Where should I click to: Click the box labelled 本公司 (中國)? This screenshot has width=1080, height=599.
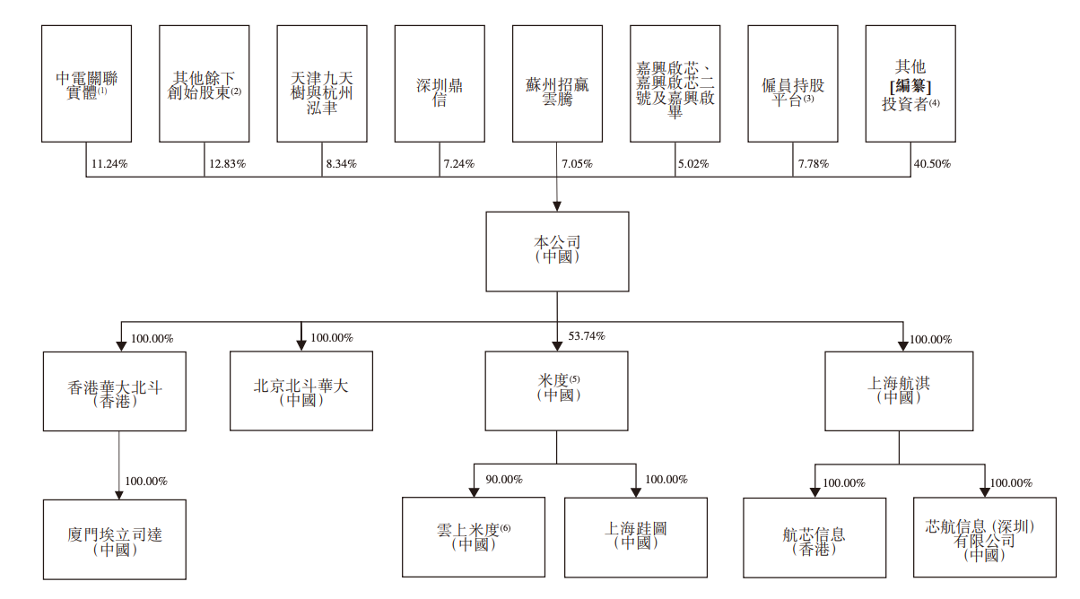557,251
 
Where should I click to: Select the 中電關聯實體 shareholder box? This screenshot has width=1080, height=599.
86,83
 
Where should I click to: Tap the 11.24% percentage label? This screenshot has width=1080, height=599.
109,164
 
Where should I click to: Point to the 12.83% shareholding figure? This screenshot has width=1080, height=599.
227,164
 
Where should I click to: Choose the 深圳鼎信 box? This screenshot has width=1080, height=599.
440,83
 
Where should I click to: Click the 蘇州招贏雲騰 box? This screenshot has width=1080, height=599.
557,83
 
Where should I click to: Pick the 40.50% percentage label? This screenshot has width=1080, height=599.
932,164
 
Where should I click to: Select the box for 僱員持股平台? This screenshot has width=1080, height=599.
793,83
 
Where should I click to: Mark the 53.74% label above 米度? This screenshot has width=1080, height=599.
587,336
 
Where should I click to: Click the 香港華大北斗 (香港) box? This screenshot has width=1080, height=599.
115,391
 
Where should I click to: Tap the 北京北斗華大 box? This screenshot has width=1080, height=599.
301,391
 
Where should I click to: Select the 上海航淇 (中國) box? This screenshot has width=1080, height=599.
899,391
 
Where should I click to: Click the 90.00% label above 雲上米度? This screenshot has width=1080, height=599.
504,480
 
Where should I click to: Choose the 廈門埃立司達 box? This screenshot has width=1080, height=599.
115,538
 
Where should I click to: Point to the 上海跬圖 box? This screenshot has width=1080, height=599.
635,536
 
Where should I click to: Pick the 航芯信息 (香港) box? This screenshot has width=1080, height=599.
814,537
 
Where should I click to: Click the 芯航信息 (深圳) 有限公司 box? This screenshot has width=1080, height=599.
984,537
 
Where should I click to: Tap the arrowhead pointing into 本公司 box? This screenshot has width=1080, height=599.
557,206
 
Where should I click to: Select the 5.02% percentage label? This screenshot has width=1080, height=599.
692,164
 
